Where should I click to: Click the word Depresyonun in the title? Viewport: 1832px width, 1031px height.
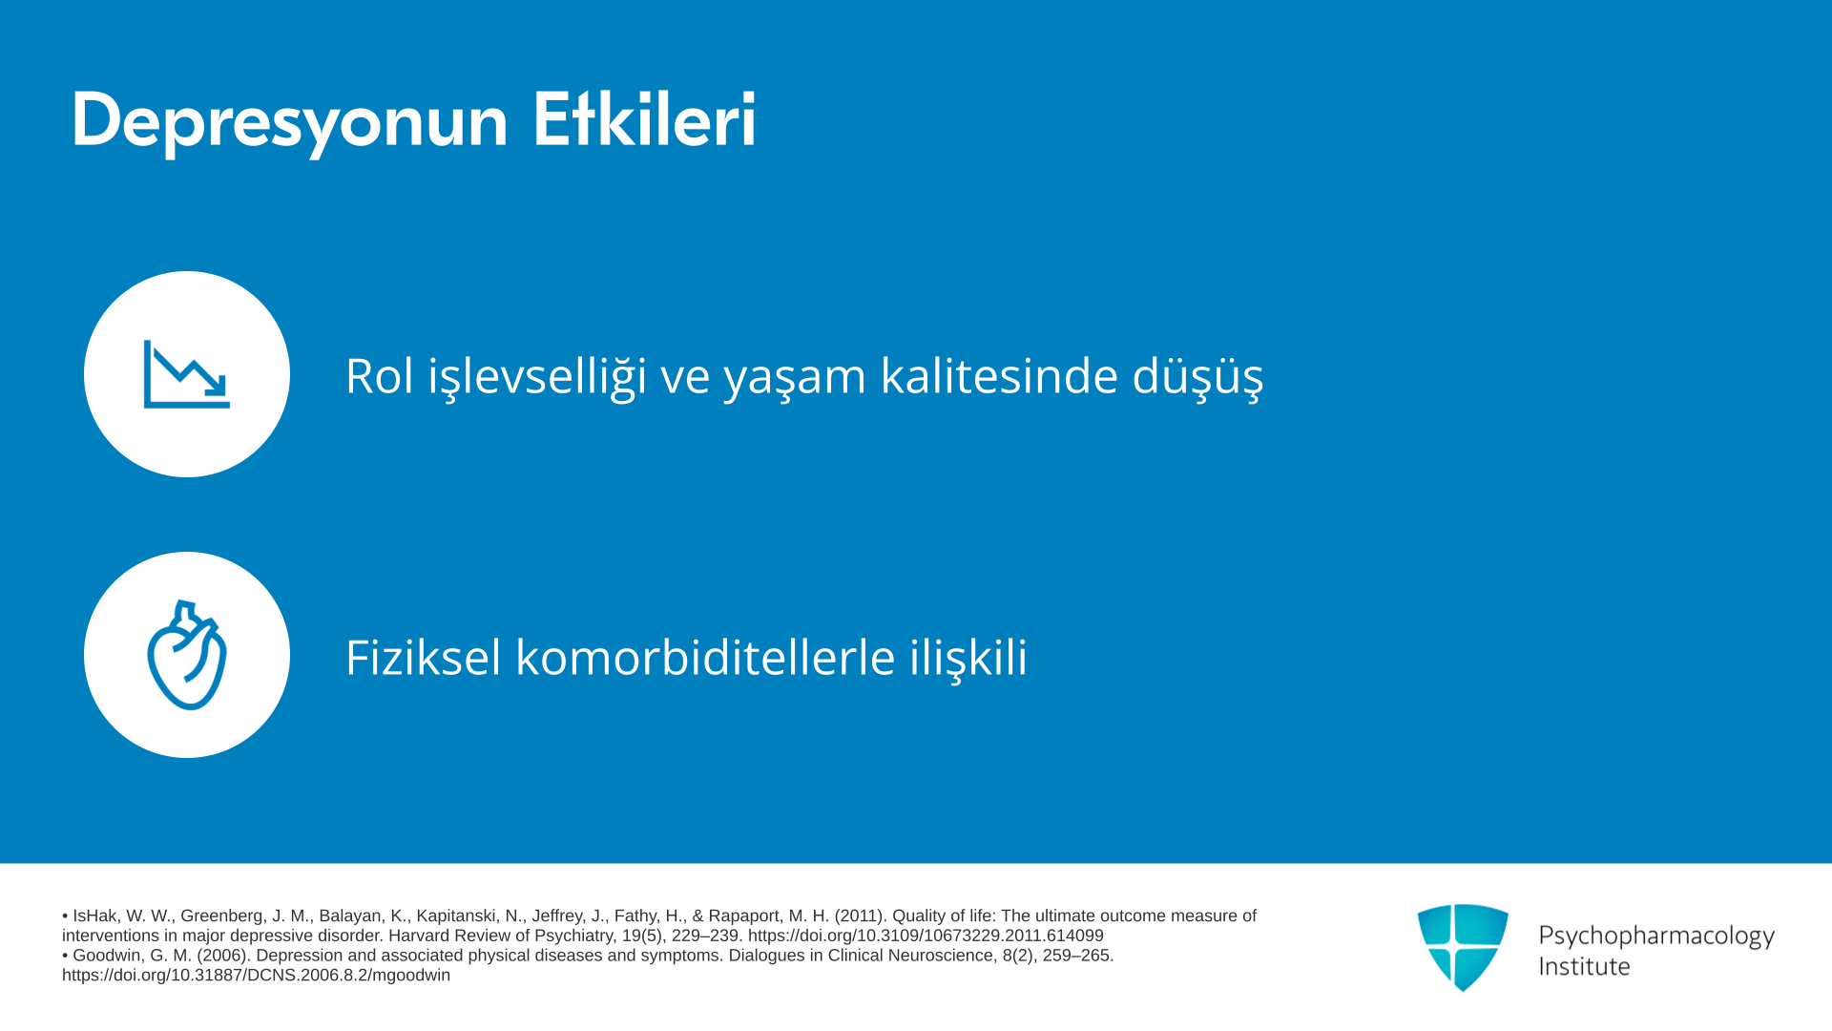290,121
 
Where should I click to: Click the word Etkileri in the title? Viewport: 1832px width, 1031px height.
644,119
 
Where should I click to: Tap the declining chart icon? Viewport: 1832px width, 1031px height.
187,374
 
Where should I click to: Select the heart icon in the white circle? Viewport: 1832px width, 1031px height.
187,655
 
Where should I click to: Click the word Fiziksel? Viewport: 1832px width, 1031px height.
423,657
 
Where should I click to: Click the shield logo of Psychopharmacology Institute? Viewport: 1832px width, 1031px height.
1463,947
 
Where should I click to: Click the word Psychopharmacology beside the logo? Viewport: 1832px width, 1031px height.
1656,936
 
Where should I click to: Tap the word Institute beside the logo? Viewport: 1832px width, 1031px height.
1585,966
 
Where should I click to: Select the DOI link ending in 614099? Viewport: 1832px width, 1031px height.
926,936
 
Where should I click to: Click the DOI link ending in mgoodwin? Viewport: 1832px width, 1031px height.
256,976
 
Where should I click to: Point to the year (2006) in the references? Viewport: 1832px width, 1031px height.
220,956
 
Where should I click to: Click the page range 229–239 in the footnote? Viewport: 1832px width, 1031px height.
705,936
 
